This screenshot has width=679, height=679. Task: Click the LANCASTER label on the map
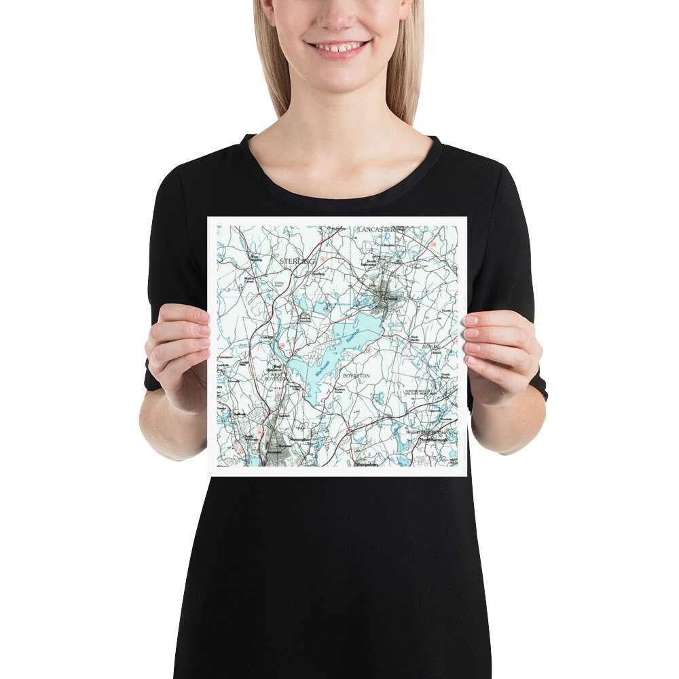pos(376,230)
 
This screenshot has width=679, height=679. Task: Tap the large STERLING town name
pos(297,261)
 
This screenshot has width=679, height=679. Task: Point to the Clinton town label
pos(390,298)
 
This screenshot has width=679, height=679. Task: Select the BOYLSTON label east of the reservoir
pos(356,375)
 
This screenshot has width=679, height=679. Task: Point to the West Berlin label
pos(414,337)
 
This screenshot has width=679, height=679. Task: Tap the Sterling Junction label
pos(305,318)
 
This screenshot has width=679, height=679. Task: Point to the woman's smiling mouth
pos(338,48)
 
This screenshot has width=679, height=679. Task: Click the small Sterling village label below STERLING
pos(319,274)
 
